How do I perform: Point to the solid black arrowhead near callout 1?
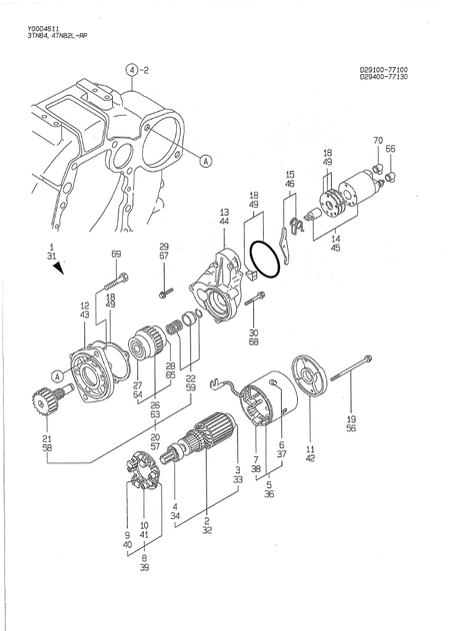click(x=60, y=268)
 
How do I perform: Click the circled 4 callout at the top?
click(x=132, y=70)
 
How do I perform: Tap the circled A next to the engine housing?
click(x=205, y=160)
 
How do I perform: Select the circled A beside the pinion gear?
click(x=58, y=375)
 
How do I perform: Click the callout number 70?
click(x=378, y=140)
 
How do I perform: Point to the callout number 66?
click(x=391, y=149)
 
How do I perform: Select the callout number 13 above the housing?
click(x=224, y=213)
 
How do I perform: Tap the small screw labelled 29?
click(x=164, y=293)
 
